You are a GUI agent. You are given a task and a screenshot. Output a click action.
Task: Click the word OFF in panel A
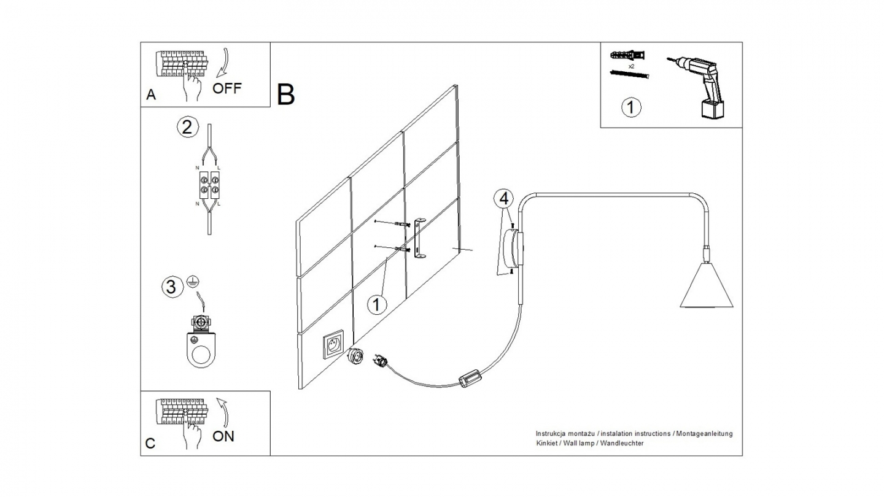(x=227, y=88)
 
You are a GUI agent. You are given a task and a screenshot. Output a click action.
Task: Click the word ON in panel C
(x=223, y=437)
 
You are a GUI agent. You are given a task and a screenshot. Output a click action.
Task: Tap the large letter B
(x=286, y=94)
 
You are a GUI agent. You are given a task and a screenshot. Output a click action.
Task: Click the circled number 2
(x=188, y=127)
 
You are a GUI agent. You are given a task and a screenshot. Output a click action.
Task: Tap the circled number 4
(x=504, y=198)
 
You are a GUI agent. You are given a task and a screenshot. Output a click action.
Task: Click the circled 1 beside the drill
(x=631, y=107)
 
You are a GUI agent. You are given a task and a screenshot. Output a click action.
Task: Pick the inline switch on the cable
(x=471, y=378)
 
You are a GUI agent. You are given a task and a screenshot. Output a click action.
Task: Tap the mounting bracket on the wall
(x=420, y=239)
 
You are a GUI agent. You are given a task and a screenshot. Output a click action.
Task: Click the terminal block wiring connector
(x=209, y=184)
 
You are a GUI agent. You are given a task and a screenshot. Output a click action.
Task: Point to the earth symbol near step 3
(x=192, y=281)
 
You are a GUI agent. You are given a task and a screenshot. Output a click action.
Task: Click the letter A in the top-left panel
(x=151, y=95)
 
